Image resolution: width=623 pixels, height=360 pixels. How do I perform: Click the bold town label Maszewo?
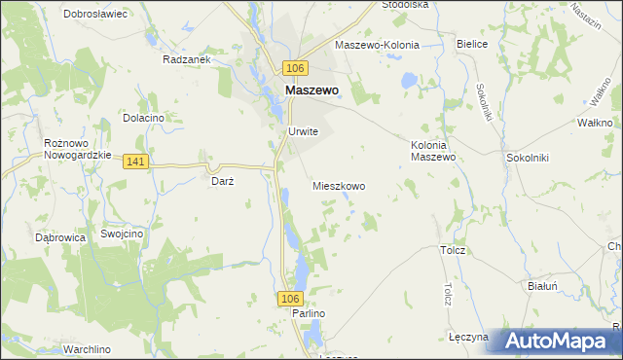tap(311, 90)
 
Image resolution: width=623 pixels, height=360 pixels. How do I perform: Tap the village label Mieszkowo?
tap(339, 185)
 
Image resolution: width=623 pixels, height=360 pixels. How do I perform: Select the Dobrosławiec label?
tap(95, 15)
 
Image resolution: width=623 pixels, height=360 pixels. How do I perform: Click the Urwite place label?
tap(303, 132)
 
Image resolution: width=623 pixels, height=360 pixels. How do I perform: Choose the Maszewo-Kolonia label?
tap(377, 45)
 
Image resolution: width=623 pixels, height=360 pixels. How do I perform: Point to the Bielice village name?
tap(472, 45)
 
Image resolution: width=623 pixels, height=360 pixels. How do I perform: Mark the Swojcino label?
tap(123, 234)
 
